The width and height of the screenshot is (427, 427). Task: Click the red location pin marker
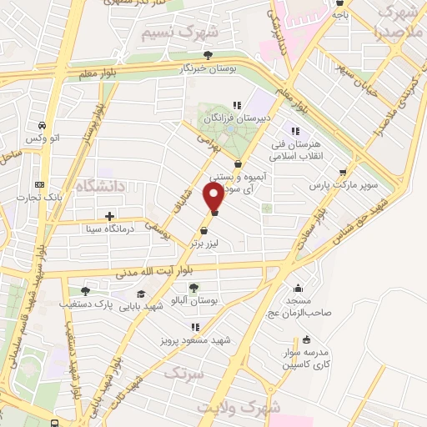(214, 197)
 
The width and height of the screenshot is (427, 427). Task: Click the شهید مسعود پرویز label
(194, 340)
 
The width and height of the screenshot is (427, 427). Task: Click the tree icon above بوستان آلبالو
(193, 288)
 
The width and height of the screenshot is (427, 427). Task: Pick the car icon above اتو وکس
(40, 126)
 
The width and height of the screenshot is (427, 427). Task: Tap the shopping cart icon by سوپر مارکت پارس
(343, 173)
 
